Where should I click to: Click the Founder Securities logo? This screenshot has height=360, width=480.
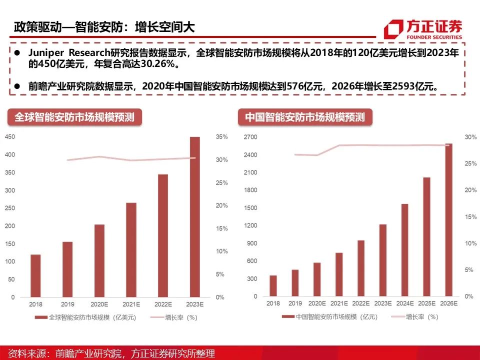[423, 29]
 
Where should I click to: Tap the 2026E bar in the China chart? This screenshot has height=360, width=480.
[448, 220]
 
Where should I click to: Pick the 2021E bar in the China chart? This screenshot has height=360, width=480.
[339, 274]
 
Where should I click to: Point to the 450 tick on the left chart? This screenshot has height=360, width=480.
[9, 137]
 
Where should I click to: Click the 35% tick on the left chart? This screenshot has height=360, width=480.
[221, 137]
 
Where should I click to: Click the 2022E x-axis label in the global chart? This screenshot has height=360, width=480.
[163, 304]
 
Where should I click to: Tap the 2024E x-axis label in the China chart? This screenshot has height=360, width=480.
[404, 303]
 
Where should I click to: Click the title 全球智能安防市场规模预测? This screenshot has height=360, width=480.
[74, 117]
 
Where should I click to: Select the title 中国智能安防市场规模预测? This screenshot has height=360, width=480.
[304, 118]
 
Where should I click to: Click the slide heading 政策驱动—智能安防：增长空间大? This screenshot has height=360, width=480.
[104, 27]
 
